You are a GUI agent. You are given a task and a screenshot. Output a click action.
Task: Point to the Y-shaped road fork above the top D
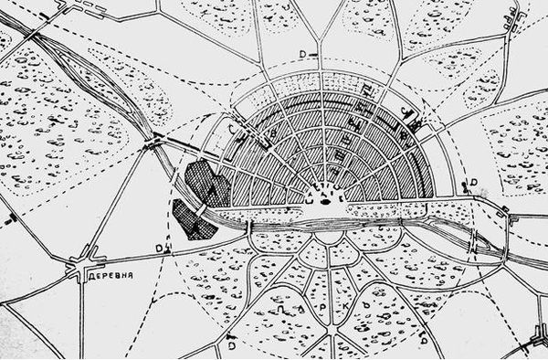click(x=321, y=40)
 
